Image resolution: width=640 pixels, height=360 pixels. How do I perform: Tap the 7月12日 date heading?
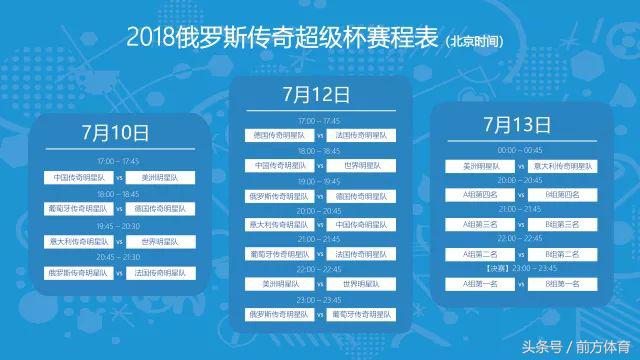coord(315,96)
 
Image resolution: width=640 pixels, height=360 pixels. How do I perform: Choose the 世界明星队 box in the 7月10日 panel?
coord(160,241)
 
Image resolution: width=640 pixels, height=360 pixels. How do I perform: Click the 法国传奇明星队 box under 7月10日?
coord(160,273)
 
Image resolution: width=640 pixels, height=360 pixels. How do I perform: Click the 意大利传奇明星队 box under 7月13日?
coord(562,165)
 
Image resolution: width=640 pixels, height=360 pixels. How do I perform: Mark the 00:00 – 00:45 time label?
coord(519,150)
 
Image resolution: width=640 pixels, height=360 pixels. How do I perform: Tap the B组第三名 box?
coord(562,225)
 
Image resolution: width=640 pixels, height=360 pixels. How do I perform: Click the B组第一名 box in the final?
coord(562,284)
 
